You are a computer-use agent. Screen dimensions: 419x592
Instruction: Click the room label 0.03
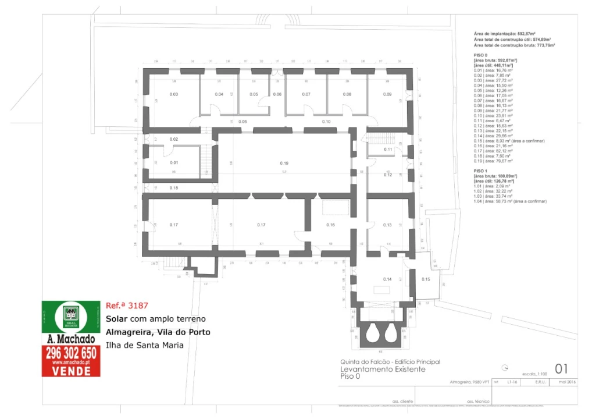(173, 94)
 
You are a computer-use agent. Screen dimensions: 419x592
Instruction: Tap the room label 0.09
(387, 94)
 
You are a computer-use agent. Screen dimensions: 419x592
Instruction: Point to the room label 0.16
(330, 225)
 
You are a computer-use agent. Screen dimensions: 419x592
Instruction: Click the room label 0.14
(387, 280)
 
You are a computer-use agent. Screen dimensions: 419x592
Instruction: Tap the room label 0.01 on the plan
(174, 163)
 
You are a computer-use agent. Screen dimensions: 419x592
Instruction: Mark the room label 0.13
(387, 225)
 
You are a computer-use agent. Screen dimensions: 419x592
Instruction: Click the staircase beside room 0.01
(207, 161)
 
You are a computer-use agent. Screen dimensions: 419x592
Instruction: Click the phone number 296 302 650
(70, 353)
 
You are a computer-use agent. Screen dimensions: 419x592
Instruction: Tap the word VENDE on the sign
(71, 371)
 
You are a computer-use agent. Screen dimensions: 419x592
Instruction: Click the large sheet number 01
(561, 368)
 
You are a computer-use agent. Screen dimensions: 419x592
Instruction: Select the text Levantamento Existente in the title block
(383, 369)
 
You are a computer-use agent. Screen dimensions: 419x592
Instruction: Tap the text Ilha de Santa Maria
(144, 345)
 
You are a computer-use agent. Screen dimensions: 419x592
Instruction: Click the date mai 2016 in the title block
(566, 382)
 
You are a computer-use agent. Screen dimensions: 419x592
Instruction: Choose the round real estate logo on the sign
(70, 317)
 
